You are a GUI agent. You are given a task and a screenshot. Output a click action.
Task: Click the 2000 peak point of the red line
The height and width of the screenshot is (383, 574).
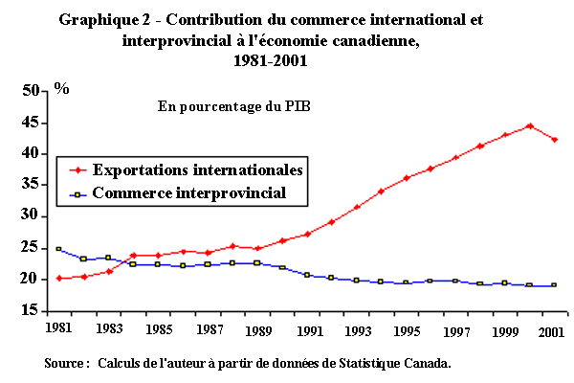coord(529,125)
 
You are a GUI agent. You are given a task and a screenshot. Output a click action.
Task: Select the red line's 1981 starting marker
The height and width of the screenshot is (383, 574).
coord(59,279)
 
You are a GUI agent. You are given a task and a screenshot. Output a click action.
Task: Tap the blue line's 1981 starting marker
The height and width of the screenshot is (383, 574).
coord(59,249)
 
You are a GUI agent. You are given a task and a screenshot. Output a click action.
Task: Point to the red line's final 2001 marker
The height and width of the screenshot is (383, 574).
coord(554,140)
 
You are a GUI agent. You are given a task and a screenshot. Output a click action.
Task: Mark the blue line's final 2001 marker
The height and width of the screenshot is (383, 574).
coord(554,285)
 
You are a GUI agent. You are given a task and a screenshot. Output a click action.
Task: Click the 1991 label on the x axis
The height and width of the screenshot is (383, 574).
coord(307,330)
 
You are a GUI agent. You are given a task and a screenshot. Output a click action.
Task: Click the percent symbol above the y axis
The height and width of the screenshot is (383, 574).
coord(61,87)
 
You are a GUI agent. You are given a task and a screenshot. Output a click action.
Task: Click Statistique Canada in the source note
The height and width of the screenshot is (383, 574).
coord(395,364)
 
